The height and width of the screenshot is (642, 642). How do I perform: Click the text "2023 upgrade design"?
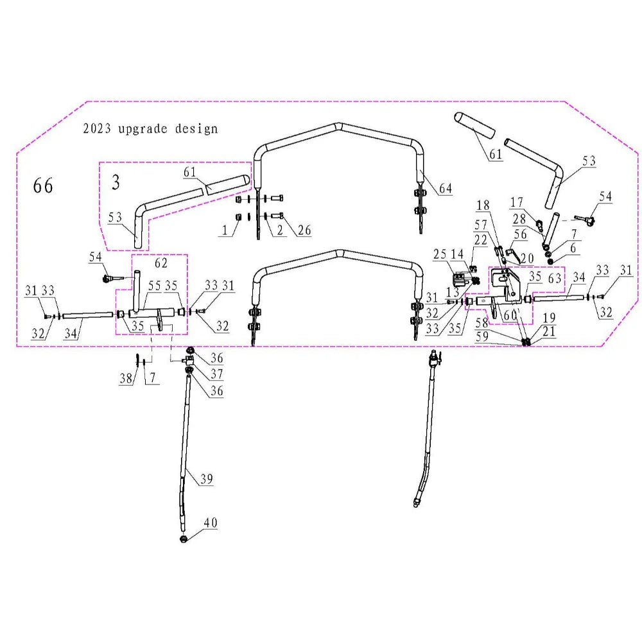[x=150, y=128]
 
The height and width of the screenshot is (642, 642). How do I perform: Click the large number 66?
[x=43, y=186]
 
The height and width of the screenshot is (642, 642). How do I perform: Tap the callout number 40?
[x=211, y=523]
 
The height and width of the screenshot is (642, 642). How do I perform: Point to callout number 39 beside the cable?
[x=205, y=479]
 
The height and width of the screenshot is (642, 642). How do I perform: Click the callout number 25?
[x=440, y=256]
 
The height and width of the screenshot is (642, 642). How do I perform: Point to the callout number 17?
[x=517, y=203]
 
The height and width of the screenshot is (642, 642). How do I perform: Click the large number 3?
[x=116, y=182]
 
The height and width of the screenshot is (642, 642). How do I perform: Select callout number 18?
[x=482, y=205]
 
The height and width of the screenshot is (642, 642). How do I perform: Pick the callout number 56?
[x=520, y=235]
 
